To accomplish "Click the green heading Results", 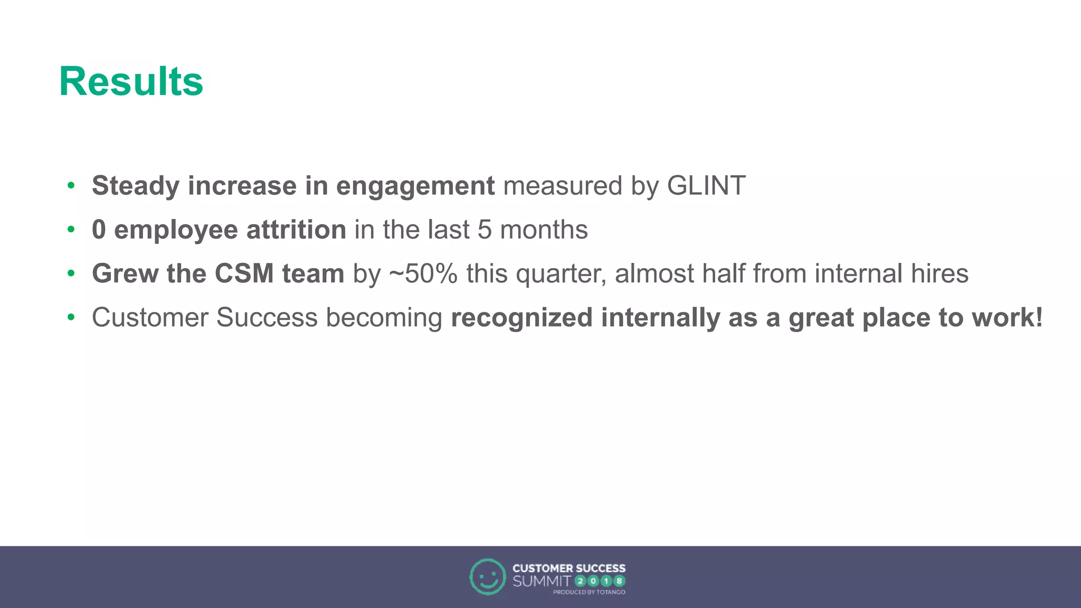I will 131,81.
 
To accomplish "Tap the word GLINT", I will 706,186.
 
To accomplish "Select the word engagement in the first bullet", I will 415,186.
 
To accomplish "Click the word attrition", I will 296,230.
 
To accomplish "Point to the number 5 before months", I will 485,230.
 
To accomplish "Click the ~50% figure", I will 423,273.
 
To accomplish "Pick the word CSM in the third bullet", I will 244,273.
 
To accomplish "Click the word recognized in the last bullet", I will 521,318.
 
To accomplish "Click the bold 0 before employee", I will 99,230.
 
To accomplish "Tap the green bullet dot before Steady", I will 71,186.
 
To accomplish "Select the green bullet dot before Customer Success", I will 71,318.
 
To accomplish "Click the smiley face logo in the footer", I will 487,577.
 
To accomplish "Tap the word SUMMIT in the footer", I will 542,582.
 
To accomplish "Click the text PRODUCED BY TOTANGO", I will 589,592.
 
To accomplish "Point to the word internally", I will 660,318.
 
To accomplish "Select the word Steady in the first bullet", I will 136,186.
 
